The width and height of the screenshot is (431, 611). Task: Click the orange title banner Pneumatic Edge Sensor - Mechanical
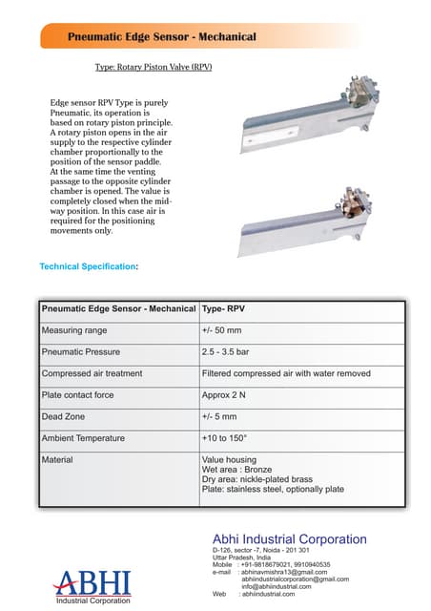coord(162,36)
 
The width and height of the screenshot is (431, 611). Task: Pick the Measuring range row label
coord(74,331)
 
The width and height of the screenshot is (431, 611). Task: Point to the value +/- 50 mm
coord(221,331)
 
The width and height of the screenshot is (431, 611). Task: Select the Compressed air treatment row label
coord(92,373)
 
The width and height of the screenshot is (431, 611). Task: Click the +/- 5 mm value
coord(219,416)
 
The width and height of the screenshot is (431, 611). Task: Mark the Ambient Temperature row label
coord(83,438)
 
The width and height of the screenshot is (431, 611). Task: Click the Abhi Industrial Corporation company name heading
coord(289,539)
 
